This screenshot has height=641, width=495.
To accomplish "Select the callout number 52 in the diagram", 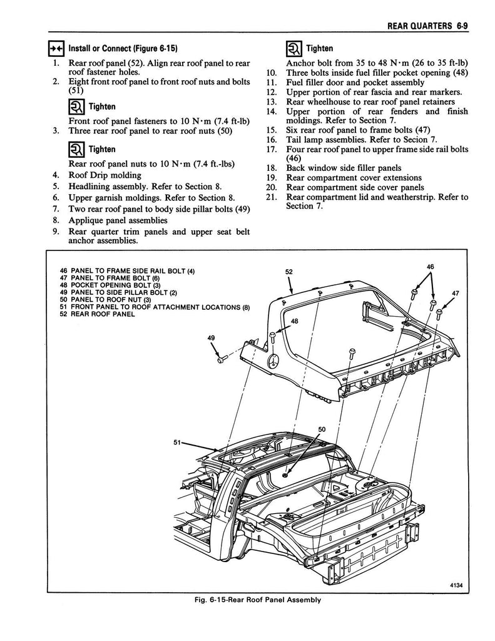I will tap(289, 272).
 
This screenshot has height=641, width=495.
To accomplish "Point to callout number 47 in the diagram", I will tap(455, 293).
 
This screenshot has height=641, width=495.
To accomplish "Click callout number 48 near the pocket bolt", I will tap(294, 321).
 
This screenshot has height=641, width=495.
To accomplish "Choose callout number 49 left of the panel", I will tap(211, 338).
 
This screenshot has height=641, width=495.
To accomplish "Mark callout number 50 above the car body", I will tap(322, 429).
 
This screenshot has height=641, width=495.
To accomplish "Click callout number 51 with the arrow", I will tap(178, 442).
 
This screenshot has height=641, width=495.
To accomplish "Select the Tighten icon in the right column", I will tap(293, 48).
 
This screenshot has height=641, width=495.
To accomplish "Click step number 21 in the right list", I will tap(271, 197).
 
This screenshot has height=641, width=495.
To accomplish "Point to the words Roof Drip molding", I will tap(105, 175).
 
